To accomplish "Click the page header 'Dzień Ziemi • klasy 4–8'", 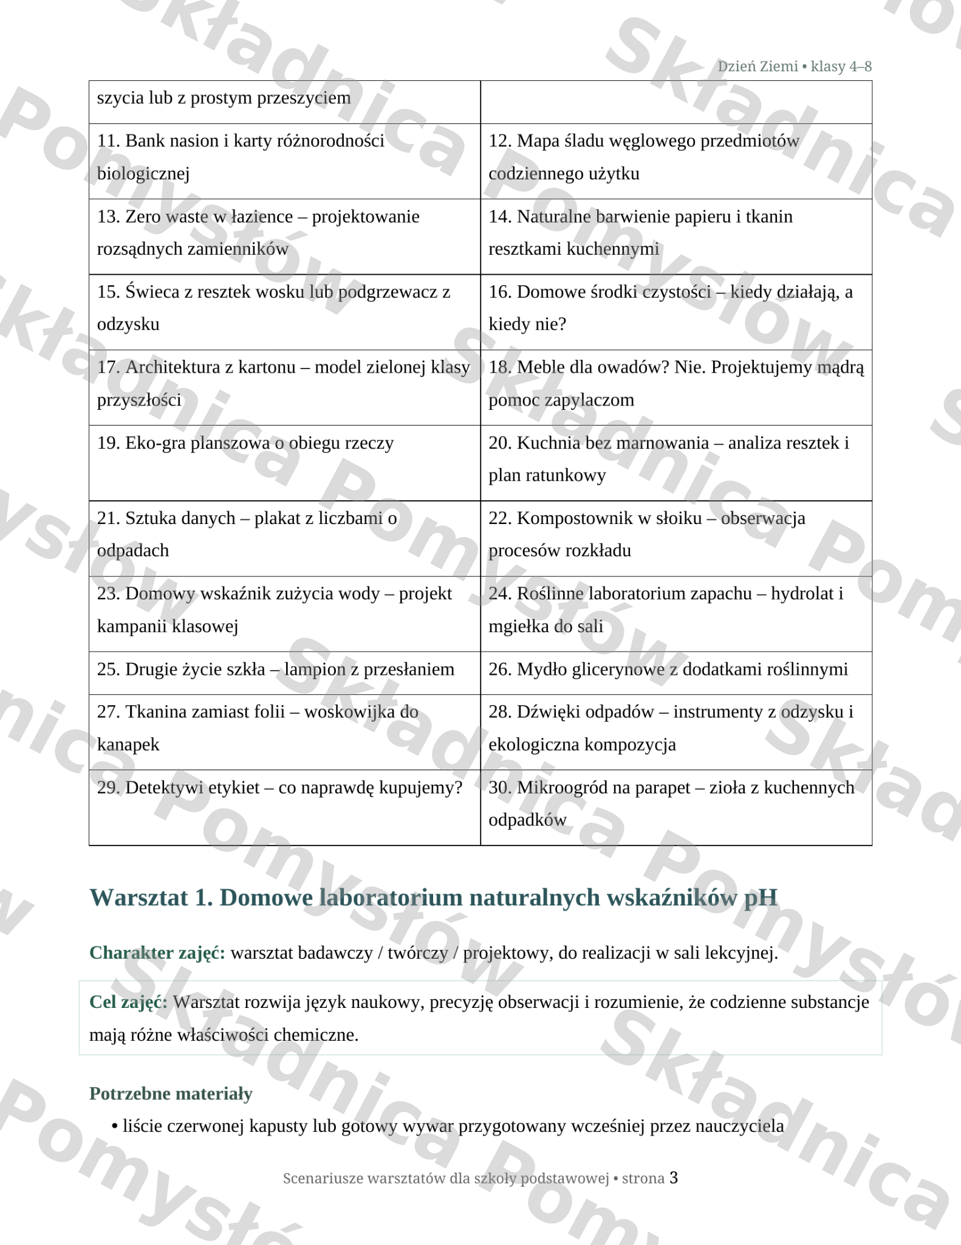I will pyautogui.click(x=794, y=66).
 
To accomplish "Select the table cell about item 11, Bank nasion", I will pyautogui.click(x=284, y=160).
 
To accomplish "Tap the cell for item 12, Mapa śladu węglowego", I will pyautogui.click(x=675, y=160).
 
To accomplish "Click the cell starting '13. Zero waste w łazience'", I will pyautogui.click(x=284, y=236).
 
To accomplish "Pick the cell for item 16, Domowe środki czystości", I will pyautogui.click(x=675, y=311).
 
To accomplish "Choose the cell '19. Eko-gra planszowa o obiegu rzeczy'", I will pyautogui.click(x=284, y=462).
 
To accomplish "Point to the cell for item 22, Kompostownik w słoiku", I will pyautogui.click(x=675, y=537).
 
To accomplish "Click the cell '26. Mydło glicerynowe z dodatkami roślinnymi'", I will pyautogui.click(x=675, y=672).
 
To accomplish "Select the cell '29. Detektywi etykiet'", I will pyautogui.click(x=284, y=807).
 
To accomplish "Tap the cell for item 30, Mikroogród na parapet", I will pyautogui.click(x=675, y=807).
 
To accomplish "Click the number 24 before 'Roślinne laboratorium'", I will pyautogui.click(x=499, y=593).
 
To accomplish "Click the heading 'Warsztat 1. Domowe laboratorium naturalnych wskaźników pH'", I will pyautogui.click(x=433, y=897).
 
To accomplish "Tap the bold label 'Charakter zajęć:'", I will pyautogui.click(x=157, y=953).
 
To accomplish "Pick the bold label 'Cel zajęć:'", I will pyautogui.click(x=128, y=1002).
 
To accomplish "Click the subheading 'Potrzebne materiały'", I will pyautogui.click(x=171, y=1094).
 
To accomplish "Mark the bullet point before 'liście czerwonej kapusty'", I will pyautogui.click(x=114, y=1126).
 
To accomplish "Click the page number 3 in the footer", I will pyautogui.click(x=673, y=1178).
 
